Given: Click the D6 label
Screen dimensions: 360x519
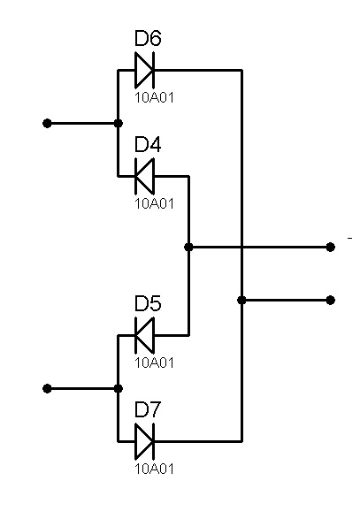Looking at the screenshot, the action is tap(148, 38).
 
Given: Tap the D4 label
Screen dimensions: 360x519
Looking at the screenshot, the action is tap(148, 145).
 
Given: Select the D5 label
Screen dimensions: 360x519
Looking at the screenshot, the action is tap(148, 303).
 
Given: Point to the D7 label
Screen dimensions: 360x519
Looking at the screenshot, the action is tap(148, 409).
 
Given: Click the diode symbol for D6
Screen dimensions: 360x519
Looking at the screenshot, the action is tap(145, 70).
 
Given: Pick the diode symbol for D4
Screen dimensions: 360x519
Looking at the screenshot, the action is tap(145, 177).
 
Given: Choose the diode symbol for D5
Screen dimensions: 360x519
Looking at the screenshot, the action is tap(145, 335).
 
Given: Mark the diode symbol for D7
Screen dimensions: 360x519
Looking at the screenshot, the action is tap(145, 441).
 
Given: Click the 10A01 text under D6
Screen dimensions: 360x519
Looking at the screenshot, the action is tap(154, 97).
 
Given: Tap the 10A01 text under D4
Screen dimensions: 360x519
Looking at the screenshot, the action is tap(154, 203).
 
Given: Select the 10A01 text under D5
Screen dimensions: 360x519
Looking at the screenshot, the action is tap(154, 363).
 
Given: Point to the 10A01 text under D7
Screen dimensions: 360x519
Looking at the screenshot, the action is tap(154, 469).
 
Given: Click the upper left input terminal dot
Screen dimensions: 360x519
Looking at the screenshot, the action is tap(47, 124).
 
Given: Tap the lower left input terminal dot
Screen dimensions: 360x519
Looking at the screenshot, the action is tap(47, 389).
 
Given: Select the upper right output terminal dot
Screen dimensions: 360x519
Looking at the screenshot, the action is tap(330, 247).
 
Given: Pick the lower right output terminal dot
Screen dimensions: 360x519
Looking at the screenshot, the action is tap(330, 301).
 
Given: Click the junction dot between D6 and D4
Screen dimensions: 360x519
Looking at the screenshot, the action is tap(118, 124).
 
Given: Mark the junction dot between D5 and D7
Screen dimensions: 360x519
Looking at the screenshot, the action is tap(118, 389).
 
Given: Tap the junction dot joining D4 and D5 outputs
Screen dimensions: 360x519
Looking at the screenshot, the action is tap(188, 247).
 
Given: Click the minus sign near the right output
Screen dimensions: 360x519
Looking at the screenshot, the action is tap(349, 238).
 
